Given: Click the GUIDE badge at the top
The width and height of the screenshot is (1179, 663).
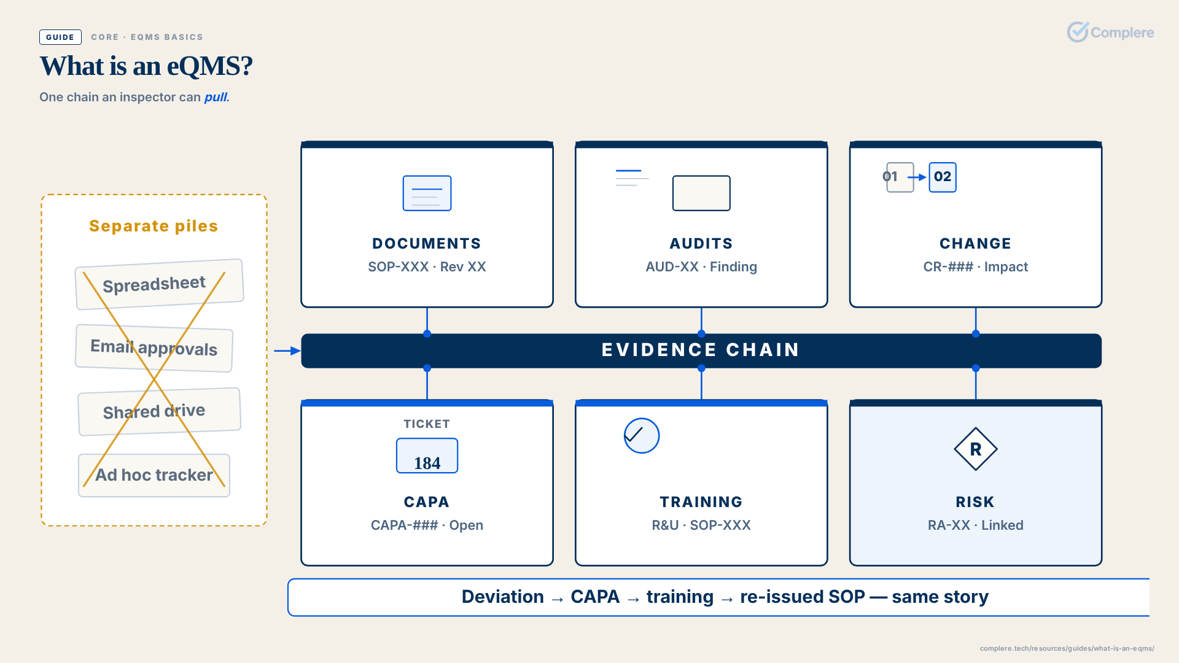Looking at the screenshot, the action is pos(60,37).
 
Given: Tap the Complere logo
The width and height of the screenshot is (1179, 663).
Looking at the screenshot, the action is pos(1110,32).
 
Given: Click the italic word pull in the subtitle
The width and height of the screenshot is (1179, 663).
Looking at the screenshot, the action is pos(216,97).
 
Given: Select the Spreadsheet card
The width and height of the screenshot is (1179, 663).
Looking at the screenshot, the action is pos(160,284).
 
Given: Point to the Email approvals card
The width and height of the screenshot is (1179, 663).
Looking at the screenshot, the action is pos(154,347).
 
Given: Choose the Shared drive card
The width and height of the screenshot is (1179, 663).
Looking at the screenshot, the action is pos(160,411).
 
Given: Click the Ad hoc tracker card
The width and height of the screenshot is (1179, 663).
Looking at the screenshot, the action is pos(154,475).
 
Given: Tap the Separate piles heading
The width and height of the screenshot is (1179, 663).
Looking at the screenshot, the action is pos(154,226).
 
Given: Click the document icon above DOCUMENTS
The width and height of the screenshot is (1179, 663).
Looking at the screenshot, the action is pos(427,193).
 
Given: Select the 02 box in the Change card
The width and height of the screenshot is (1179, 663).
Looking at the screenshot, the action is pos(943,177).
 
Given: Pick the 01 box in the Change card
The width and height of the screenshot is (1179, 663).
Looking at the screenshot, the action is pos(900,177).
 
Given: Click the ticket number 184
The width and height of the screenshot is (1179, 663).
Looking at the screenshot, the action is pos(427,463).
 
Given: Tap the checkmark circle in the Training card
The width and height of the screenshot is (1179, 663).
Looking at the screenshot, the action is pos(642,436).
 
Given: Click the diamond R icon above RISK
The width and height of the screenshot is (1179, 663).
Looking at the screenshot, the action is pos(976,449).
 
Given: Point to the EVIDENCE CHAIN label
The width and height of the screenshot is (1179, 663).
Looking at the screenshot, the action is pos(701,350).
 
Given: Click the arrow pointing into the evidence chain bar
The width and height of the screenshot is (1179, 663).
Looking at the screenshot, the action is pos(287,351).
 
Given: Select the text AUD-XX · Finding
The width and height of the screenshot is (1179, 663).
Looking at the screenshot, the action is pos(701,266).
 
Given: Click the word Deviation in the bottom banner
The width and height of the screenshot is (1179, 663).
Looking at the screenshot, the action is pos(503,597).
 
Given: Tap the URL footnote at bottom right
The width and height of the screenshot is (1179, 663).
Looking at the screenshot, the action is pos(1067,648).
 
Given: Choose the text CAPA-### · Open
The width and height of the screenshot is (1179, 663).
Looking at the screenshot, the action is pos(427,525).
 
